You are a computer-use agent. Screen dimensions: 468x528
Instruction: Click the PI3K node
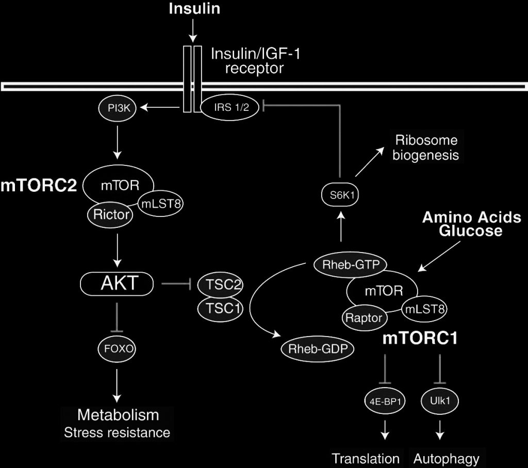point(117,108)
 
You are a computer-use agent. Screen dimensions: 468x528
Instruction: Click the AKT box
point(118,283)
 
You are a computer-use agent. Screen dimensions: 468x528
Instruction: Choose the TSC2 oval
point(221,285)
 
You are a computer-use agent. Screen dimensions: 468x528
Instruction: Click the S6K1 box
point(339,195)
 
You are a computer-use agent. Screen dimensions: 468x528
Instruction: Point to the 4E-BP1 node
point(384,400)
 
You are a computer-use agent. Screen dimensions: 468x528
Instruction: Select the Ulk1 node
point(439,400)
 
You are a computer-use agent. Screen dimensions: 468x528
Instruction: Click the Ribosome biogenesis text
point(426,147)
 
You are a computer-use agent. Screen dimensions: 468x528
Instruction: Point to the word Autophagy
point(447,459)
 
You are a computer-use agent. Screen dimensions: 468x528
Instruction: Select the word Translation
point(366,459)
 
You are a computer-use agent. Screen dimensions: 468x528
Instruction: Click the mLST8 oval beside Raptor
point(424,309)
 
